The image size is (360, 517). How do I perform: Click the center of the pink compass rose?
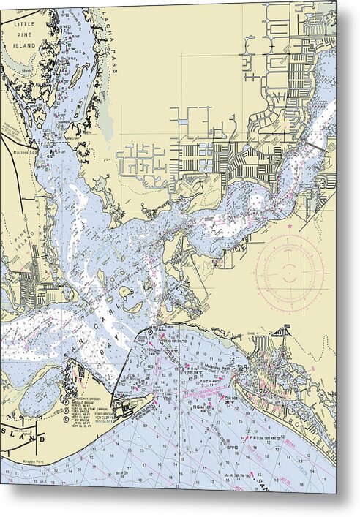[x=290, y=271]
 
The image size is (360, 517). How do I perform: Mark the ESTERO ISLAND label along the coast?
[x=293, y=424]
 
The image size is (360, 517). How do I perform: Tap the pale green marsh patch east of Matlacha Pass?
[x=107, y=117]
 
